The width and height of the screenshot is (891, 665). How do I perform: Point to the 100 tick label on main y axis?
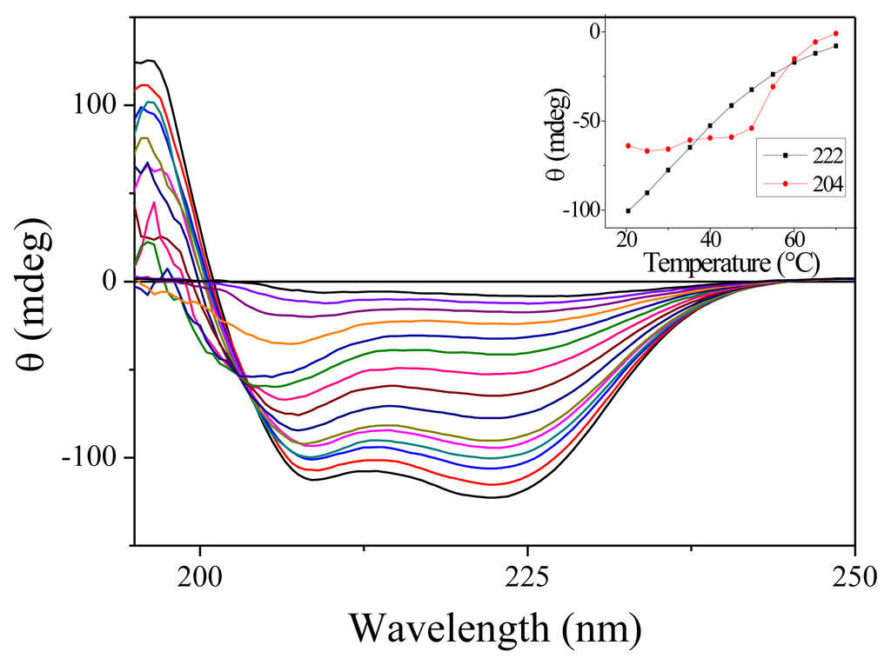point(94,104)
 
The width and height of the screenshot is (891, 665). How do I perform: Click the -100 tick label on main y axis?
point(89,458)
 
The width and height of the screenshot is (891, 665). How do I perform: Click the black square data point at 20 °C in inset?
point(627,210)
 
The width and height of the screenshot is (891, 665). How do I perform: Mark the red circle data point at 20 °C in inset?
point(627,145)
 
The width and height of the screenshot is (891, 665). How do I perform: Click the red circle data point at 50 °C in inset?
point(752,128)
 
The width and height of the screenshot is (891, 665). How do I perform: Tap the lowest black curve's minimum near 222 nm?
point(492,497)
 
